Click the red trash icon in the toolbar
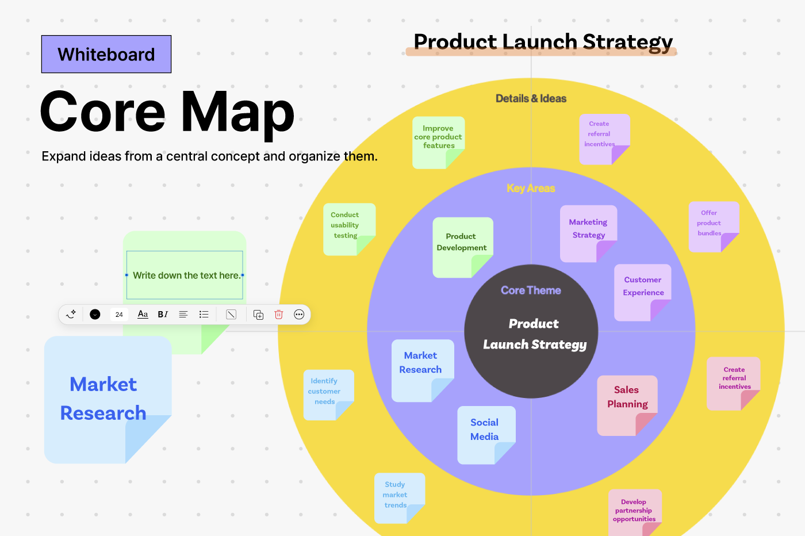click(279, 315)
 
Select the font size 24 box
click(119, 315)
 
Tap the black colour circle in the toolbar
click(95, 315)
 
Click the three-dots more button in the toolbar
click(299, 315)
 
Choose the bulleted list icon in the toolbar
click(204, 315)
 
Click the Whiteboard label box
click(106, 54)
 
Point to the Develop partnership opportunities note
click(634, 511)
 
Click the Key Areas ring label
click(531, 189)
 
